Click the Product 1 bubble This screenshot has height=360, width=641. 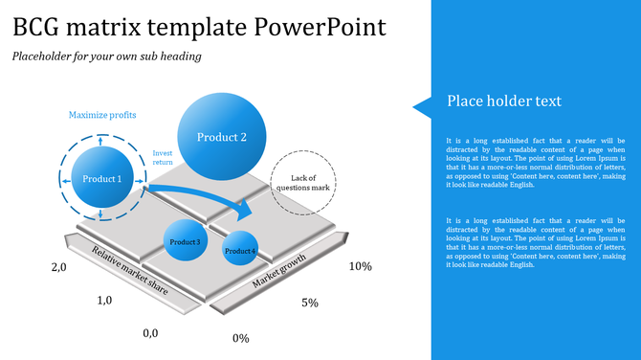[101, 179]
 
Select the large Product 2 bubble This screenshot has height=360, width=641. [222, 137]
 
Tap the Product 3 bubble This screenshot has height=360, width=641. [186, 242]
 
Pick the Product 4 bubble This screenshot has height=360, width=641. [240, 251]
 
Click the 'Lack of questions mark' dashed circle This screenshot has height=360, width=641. [303, 182]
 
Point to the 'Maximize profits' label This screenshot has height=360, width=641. [102, 115]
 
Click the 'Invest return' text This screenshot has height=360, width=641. [164, 158]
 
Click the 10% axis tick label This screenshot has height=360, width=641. [360, 266]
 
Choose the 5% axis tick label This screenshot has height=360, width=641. [309, 303]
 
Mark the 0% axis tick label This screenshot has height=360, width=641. [241, 338]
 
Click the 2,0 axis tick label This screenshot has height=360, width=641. [59, 268]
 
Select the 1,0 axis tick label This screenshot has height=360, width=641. [105, 300]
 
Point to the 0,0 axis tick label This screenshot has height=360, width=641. [150, 332]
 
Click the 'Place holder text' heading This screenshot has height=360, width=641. [503, 101]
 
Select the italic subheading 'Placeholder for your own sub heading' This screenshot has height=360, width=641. [106, 56]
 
